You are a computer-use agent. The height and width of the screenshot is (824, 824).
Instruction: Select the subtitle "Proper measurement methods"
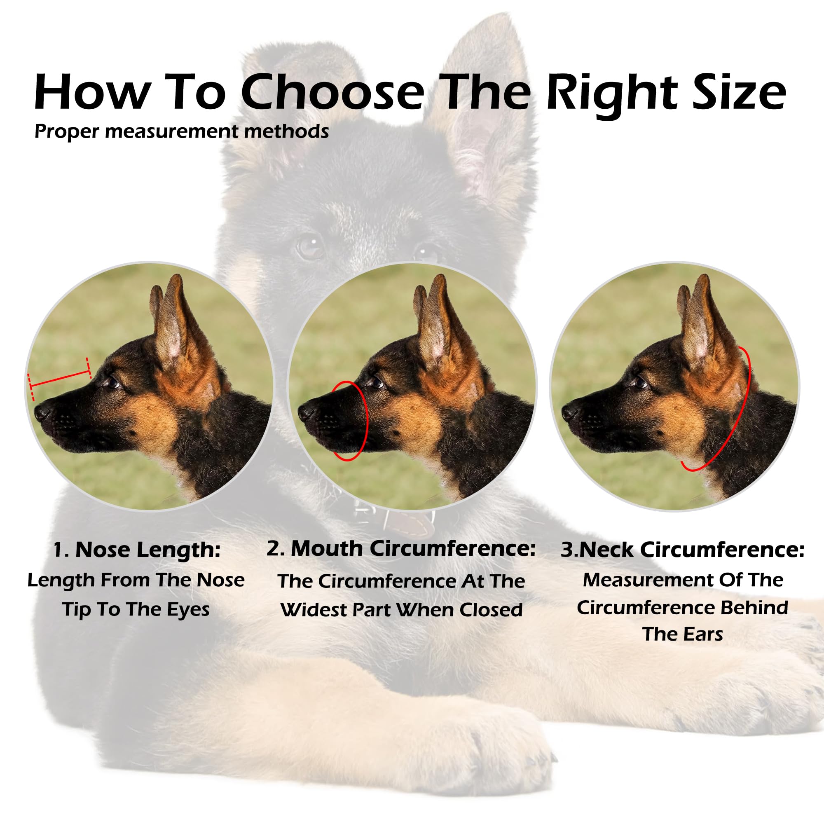(181, 131)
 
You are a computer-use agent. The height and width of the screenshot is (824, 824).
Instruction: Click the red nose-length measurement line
(60, 379)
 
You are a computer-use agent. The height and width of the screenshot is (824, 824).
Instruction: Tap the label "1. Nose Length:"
(136, 550)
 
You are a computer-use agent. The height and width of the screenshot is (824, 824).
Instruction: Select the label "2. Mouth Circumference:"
(401, 549)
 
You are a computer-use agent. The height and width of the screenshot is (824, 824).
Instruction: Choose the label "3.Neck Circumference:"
(682, 550)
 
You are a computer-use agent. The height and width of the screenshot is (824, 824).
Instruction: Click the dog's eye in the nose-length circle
(113, 382)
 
